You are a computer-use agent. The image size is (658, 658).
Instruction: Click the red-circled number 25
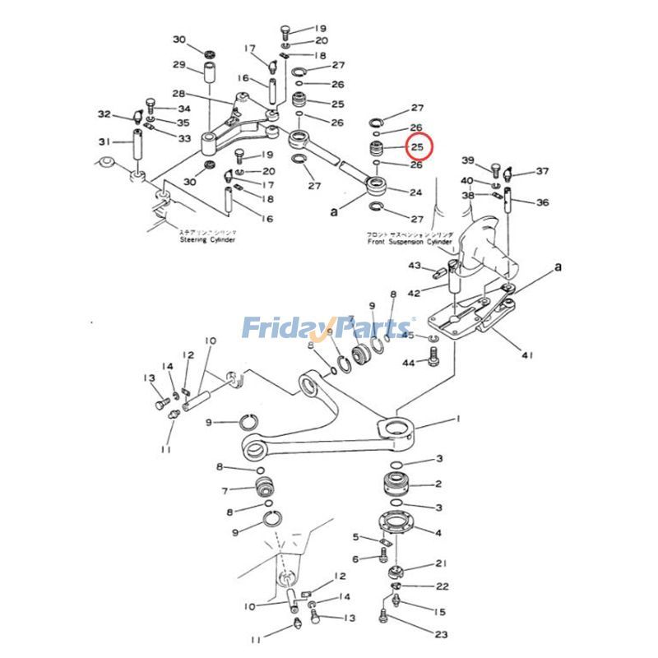418,147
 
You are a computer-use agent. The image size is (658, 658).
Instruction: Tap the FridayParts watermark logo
328,329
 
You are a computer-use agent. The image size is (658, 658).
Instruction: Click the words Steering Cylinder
207,240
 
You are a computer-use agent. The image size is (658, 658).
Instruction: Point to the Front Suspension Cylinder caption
409,243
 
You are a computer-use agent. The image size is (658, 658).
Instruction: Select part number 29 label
178,66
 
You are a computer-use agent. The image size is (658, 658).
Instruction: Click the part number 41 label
526,355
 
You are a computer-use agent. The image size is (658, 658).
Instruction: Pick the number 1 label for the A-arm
458,419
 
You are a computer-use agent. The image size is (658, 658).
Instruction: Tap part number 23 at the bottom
442,634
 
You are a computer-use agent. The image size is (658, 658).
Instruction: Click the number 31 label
104,141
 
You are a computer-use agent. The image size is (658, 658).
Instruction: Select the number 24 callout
416,192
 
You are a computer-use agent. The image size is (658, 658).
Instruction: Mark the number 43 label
415,266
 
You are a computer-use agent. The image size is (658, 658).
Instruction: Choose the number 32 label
104,114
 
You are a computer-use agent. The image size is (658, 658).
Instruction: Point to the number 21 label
441,563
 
